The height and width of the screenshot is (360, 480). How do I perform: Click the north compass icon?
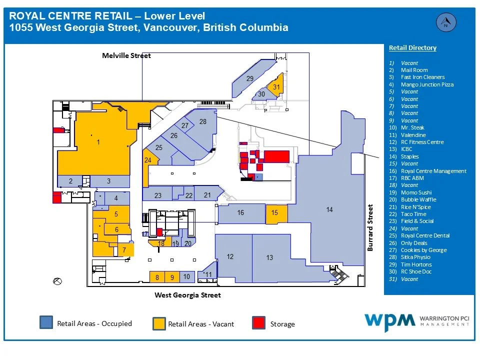[445, 22]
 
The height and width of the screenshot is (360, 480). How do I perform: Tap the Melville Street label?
[126, 55]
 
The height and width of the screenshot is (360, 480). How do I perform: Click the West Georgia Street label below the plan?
[187, 295]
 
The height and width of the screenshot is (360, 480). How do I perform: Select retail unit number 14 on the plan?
[329, 210]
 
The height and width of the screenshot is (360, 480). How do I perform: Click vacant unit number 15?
[275, 213]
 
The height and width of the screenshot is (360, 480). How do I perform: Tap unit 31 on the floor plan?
[276, 87]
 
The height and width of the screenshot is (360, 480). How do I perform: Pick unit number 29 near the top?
[250, 78]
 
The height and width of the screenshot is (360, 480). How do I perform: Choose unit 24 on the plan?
[148, 160]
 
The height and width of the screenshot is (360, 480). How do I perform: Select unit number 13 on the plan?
[269, 257]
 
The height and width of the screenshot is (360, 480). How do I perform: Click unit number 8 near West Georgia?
[157, 277]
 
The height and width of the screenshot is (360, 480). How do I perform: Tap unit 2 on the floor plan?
[71, 181]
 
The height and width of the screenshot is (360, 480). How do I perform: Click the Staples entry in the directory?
[409, 156]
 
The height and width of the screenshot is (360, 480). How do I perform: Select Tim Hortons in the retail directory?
[416, 264]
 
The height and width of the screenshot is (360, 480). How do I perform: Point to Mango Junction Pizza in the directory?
[427, 84]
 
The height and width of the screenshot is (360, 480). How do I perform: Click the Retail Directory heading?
[412, 48]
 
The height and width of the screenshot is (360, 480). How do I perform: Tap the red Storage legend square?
[259, 323]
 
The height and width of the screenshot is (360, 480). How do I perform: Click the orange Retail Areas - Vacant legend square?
[159, 323]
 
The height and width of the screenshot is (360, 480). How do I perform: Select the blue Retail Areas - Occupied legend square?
[46, 322]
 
